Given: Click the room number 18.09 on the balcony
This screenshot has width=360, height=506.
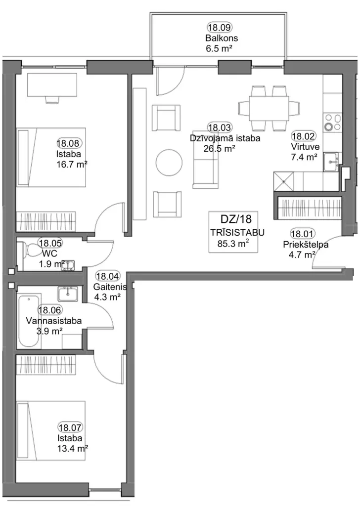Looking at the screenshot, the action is pyautogui.click(x=219, y=28).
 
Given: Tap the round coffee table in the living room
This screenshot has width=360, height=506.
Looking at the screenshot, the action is pyautogui.click(x=169, y=162).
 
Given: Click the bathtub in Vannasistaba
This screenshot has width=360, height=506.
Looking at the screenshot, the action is pyautogui.click(x=30, y=321).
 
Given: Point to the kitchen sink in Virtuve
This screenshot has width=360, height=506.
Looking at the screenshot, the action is pyautogui.click(x=331, y=162).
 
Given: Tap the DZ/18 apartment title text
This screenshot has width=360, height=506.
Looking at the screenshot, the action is pyautogui.click(x=236, y=219).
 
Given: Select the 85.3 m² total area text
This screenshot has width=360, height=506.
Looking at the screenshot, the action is pyautogui.click(x=233, y=243).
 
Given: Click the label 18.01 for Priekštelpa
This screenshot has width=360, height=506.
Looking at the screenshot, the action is pyautogui.click(x=303, y=234).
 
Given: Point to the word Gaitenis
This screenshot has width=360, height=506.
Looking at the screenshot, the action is pyautogui.click(x=110, y=287).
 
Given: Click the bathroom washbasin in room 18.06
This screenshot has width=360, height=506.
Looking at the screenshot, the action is pyautogui.click(x=68, y=294).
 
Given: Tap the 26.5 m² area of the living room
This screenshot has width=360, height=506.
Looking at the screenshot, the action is pyautogui.click(x=219, y=148).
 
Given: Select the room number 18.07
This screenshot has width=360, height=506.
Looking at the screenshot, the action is pyautogui.click(x=70, y=427).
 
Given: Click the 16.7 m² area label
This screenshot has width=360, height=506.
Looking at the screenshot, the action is pyautogui.click(x=72, y=164).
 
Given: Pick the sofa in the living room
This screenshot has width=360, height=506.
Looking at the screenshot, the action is pyautogui.click(x=205, y=164).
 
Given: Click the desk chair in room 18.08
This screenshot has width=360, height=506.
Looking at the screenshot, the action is pyautogui.click(x=52, y=99).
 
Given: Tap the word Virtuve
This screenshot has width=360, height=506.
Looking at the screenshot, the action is pyautogui.click(x=305, y=147).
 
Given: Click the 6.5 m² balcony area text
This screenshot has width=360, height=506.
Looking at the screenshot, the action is pyautogui.click(x=219, y=49).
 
